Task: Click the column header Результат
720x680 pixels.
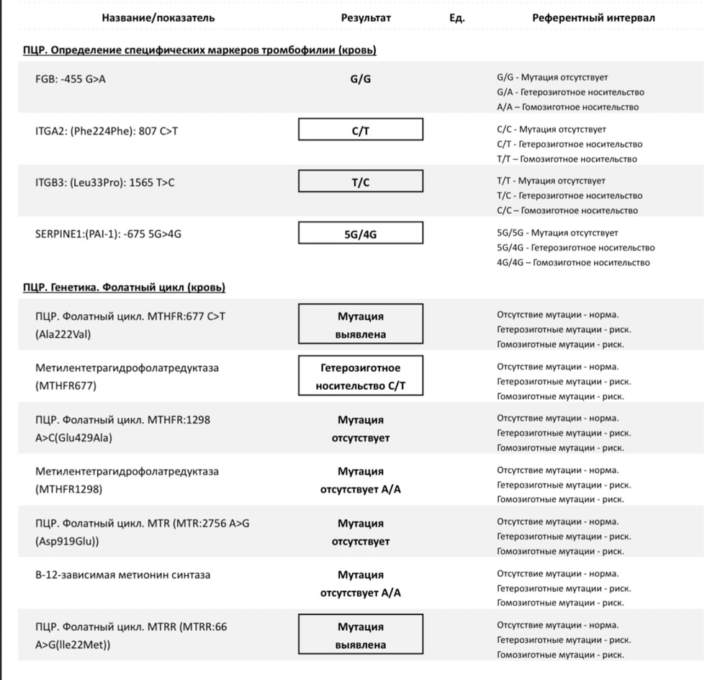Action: point(365,18)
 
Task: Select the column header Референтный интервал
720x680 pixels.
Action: point(593,18)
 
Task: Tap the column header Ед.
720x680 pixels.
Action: point(456,18)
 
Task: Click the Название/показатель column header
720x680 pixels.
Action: point(158,18)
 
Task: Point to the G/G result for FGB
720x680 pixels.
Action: point(360,79)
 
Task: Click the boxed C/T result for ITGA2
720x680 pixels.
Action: point(361,130)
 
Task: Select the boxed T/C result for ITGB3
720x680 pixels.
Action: point(361,182)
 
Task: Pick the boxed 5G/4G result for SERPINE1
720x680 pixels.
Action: point(361,233)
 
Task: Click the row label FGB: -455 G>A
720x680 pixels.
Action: point(71,79)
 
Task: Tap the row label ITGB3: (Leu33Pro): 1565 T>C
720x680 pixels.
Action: point(104,182)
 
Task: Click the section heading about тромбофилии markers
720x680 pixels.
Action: point(199,50)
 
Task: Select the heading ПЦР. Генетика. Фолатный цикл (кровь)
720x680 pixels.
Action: point(124,287)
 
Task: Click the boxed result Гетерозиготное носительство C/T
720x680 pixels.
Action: point(361,377)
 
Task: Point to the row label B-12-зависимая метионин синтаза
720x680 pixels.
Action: point(123,575)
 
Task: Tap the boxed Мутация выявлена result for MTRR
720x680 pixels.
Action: point(361,636)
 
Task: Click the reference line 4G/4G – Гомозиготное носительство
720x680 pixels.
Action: point(573,263)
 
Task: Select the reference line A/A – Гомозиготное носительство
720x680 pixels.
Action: point(567,107)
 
